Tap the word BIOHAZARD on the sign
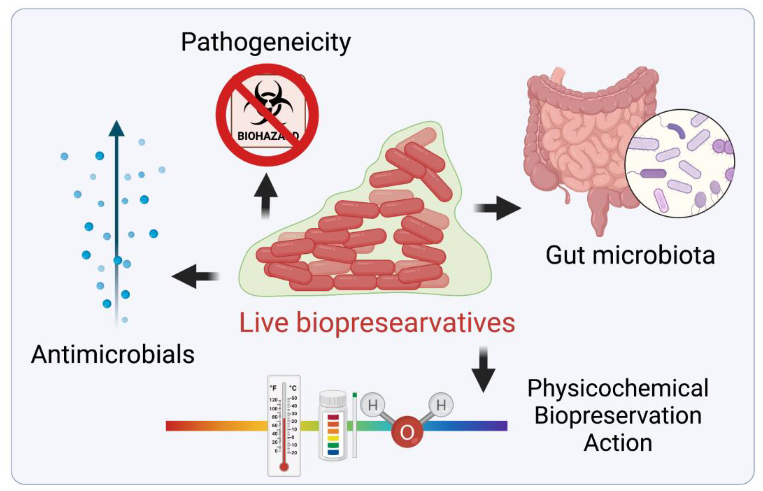267,136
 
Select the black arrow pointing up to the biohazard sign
266,195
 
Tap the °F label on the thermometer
273,388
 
